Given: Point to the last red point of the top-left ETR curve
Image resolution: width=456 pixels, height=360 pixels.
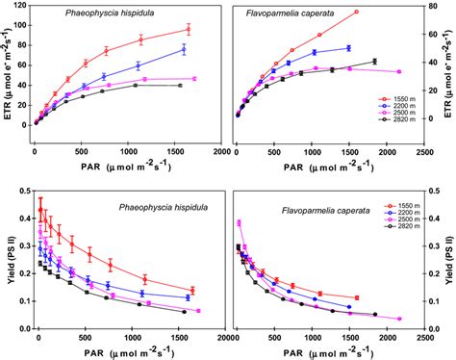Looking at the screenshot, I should (x=189, y=29).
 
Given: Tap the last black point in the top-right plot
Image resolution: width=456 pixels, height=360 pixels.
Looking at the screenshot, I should (x=374, y=62).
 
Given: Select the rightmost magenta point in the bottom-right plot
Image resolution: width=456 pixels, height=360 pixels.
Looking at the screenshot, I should (x=398, y=319).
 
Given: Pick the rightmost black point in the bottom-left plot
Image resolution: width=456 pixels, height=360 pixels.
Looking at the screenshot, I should (x=183, y=312).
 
